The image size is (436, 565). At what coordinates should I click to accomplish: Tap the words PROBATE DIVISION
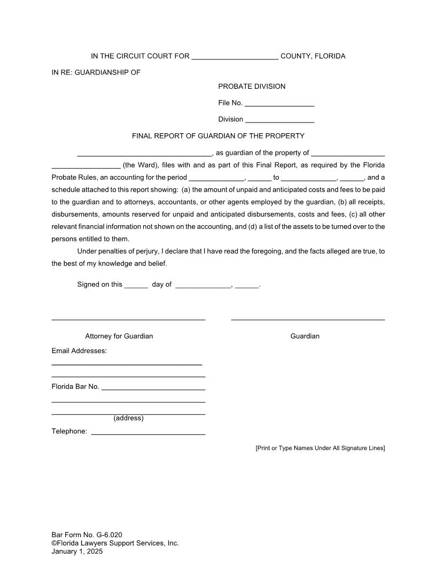pos(252,87)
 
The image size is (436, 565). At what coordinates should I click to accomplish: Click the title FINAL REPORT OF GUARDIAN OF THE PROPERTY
pos(218,136)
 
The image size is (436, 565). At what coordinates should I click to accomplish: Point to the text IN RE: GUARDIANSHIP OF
pos(96,72)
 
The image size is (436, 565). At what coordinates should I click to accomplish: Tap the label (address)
pos(128,418)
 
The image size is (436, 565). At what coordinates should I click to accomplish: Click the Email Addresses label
pos(79,351)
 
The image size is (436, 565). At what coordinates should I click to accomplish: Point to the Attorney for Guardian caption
pos(119,336)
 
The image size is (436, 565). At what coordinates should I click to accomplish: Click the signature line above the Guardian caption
pos(308,319)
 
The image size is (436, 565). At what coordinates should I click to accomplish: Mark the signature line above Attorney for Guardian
pos(128,319)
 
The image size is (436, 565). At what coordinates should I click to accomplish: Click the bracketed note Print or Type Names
pos(320,448)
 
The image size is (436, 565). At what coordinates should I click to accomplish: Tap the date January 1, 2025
pos(77,552)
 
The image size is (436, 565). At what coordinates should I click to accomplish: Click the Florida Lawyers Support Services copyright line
pos(115,543)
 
